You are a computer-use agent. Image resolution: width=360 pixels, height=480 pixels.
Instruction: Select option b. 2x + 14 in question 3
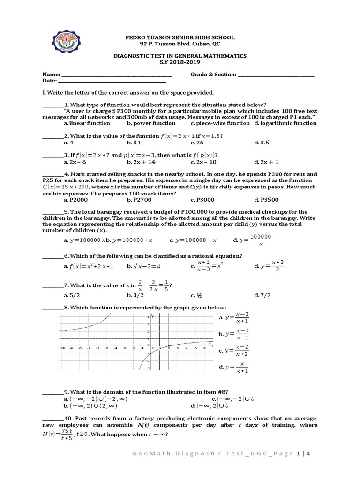pos(141,162)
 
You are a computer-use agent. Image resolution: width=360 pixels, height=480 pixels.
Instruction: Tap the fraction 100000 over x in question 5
pos(261,240)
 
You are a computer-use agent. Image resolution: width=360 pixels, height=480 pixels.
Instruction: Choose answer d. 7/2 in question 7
pos(262,295)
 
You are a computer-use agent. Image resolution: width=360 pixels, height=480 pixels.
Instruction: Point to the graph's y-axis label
pos(153,317)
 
